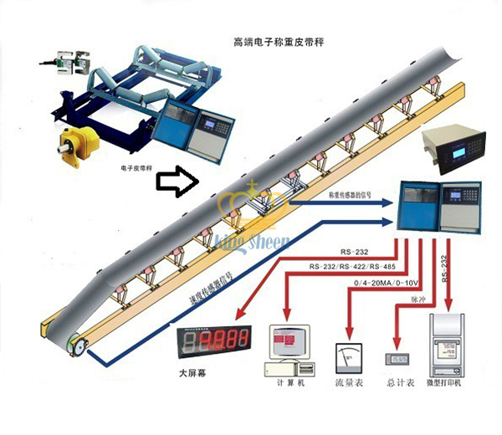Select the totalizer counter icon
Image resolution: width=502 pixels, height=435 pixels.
[x=398, y=359]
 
